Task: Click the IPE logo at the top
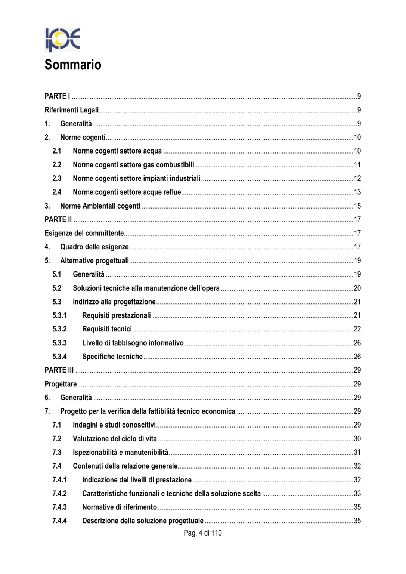pos(62,40)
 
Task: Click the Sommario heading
pos(73,65)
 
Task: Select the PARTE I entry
pos(57,96)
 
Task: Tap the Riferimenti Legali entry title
pos(72,110)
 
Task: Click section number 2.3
pos(57,178)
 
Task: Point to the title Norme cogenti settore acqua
pos(117,151)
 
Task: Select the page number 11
pos(357,165)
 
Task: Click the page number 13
pos(357,192)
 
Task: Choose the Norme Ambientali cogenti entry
pos(100,206)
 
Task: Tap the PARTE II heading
pos(58,219)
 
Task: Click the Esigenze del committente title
pos(84,233)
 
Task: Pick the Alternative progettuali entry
pos(94,260)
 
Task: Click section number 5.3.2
pos(60,329)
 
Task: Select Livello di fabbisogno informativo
pos(133,343)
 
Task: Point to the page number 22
pos(357,329)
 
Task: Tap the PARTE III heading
pos(59,370)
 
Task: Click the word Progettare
pos(61,384)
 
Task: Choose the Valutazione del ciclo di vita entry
pos(115,439)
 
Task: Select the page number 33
pos(357,493)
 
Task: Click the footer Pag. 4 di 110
pos(203,533)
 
